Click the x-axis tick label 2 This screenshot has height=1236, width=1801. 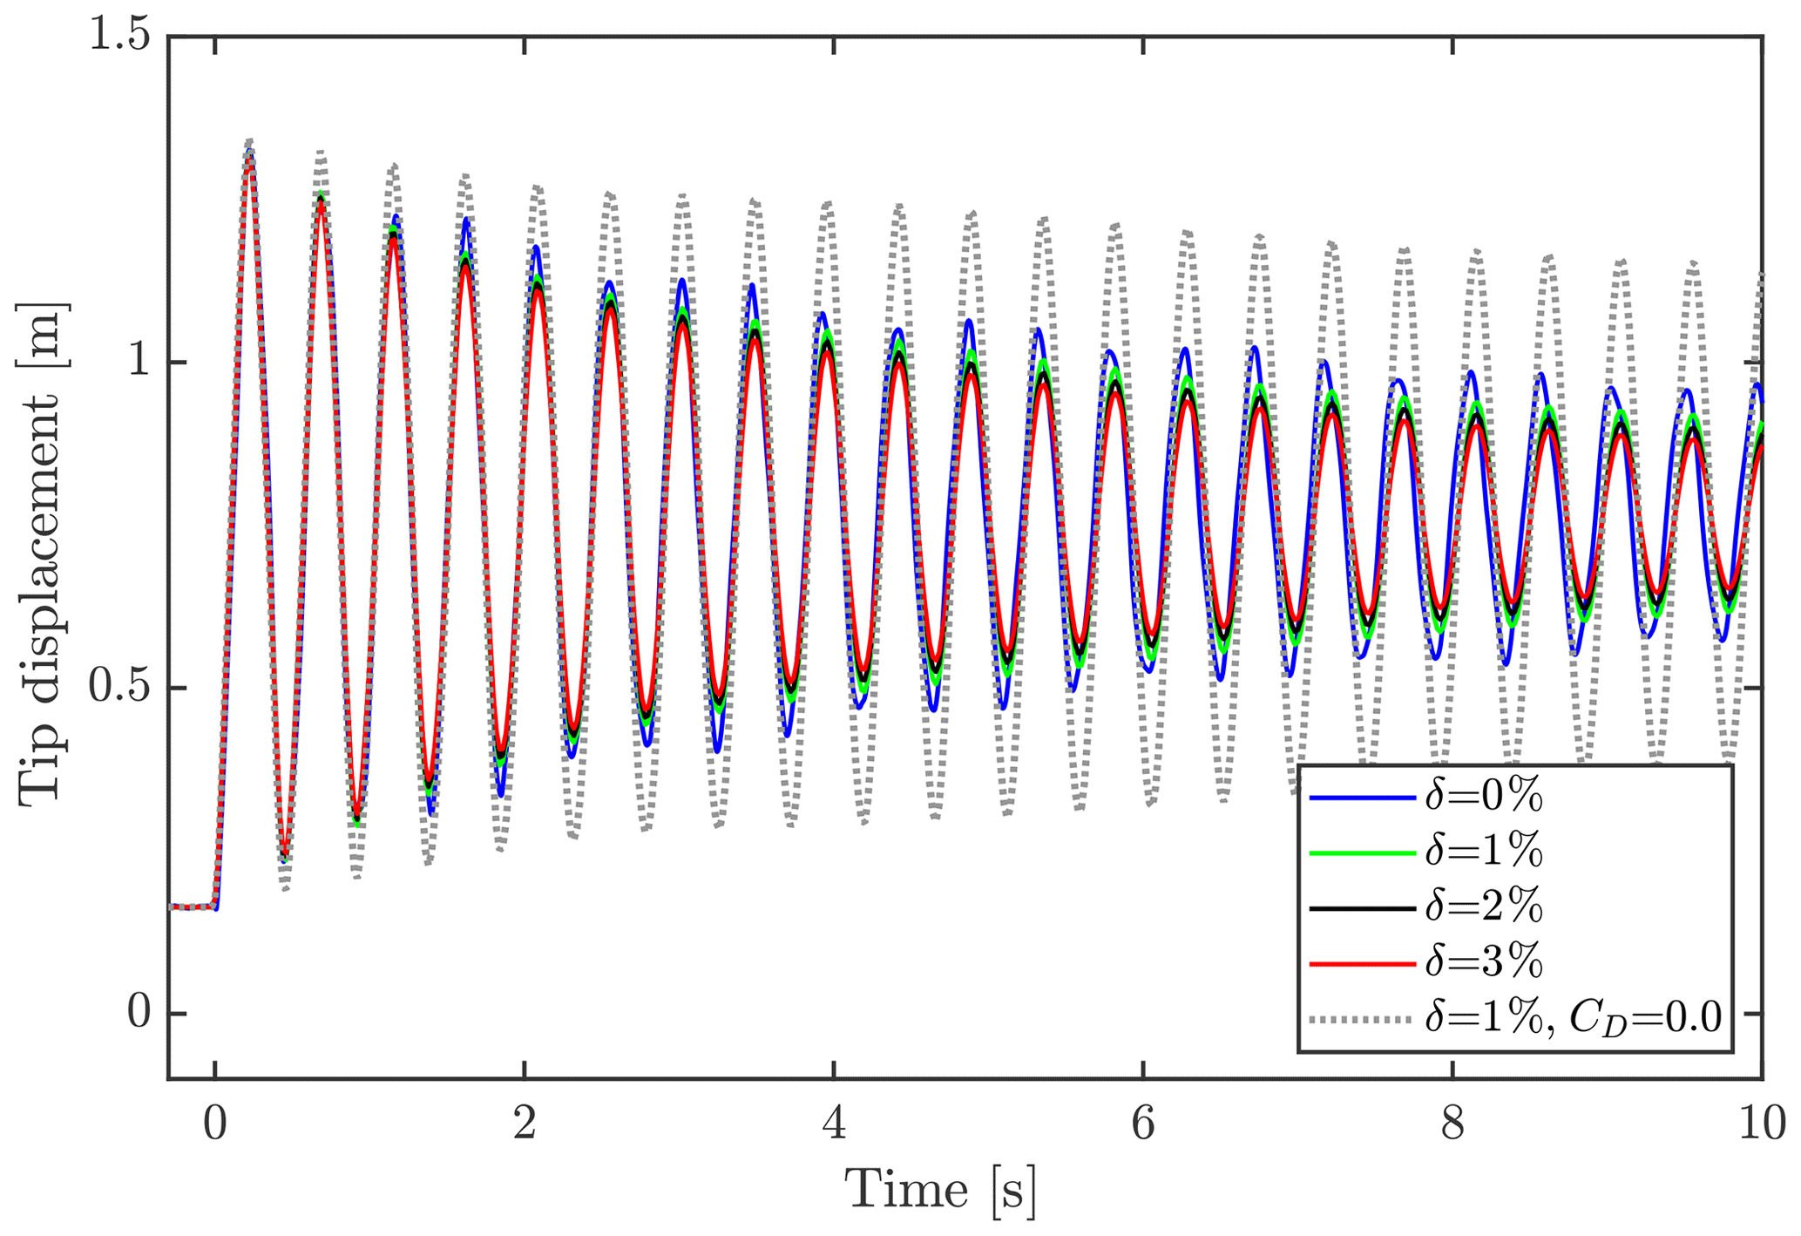(x=525, y=1124)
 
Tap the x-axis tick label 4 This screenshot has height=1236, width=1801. (x=834, y=1124)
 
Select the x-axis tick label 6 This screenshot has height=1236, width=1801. (x=1143, y=1124)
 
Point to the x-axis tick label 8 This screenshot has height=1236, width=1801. (x=1452, y=1124)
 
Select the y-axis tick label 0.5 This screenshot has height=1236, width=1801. (x=119, y=689)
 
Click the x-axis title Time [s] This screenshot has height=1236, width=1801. (x=941, y=1191)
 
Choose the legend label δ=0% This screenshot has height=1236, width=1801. (x=1484, y=797)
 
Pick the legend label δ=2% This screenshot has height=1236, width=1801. (x=1484, y=907)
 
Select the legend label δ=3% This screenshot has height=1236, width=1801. (x=1484, y=962)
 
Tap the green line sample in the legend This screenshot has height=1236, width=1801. (x=1361, y=852)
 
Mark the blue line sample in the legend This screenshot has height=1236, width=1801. (x=1361, y=797)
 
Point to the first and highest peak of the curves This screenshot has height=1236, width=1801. (x=250, y=146)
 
